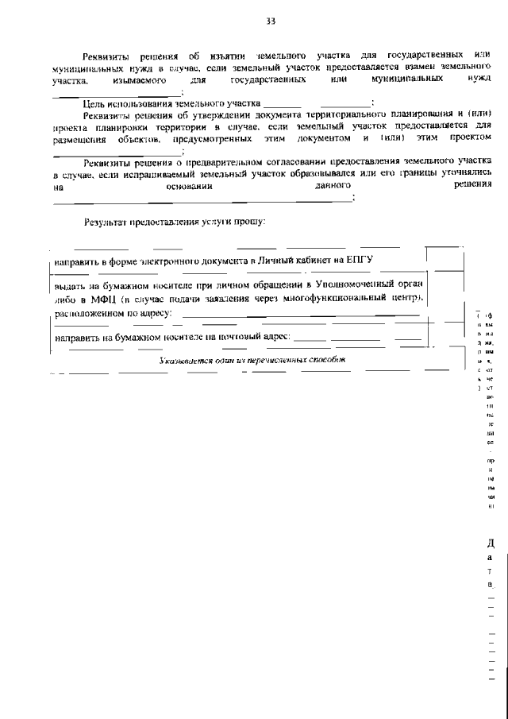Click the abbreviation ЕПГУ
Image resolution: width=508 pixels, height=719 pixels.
(357, 261)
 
